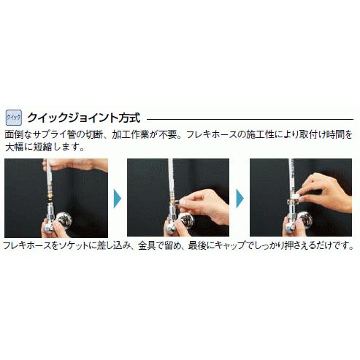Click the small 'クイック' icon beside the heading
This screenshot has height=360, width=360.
pyautogui.click(x=13, y=117)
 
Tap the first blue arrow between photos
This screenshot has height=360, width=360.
pyautogui.click(x=117, y=197)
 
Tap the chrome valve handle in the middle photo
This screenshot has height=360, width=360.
pyautogui.click(x=184, y=225)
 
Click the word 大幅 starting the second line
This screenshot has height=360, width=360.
pyautogui.click(x=14, y=146)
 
